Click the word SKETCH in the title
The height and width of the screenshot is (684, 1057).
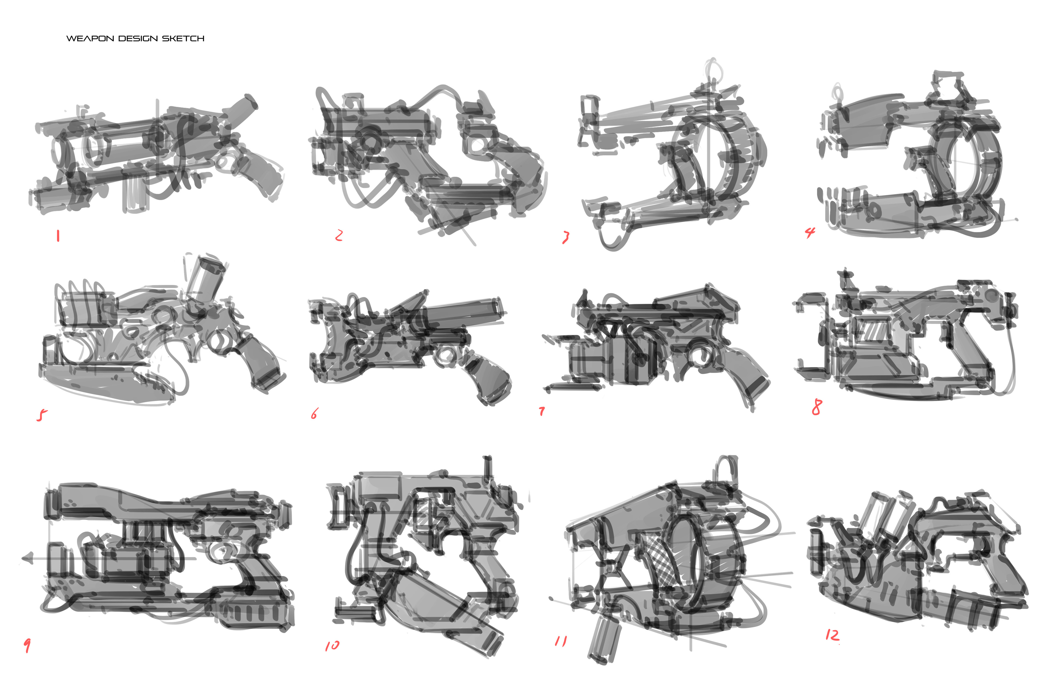click(183, 39)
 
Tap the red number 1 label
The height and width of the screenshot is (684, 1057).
click(58, 235)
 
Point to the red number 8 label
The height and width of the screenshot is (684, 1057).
click(817, 407)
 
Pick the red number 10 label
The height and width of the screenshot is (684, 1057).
click(332, 645)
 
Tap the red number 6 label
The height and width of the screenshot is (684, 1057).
click(314, 414)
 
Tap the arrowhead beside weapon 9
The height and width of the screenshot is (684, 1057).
click(28, 558)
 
